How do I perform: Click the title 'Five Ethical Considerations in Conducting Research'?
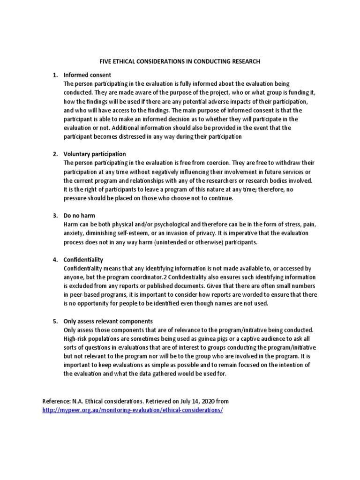[180, 61]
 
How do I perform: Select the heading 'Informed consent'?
[87, 75]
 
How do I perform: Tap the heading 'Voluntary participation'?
[95, 154]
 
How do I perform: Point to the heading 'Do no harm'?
[79, 216]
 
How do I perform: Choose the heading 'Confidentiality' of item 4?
[83, 260]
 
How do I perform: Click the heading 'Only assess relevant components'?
[108, 322]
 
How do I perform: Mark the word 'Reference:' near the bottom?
[56, 401]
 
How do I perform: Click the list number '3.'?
[55, 216]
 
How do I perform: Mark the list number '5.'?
[55, 322]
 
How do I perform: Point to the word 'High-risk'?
[76, 339]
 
